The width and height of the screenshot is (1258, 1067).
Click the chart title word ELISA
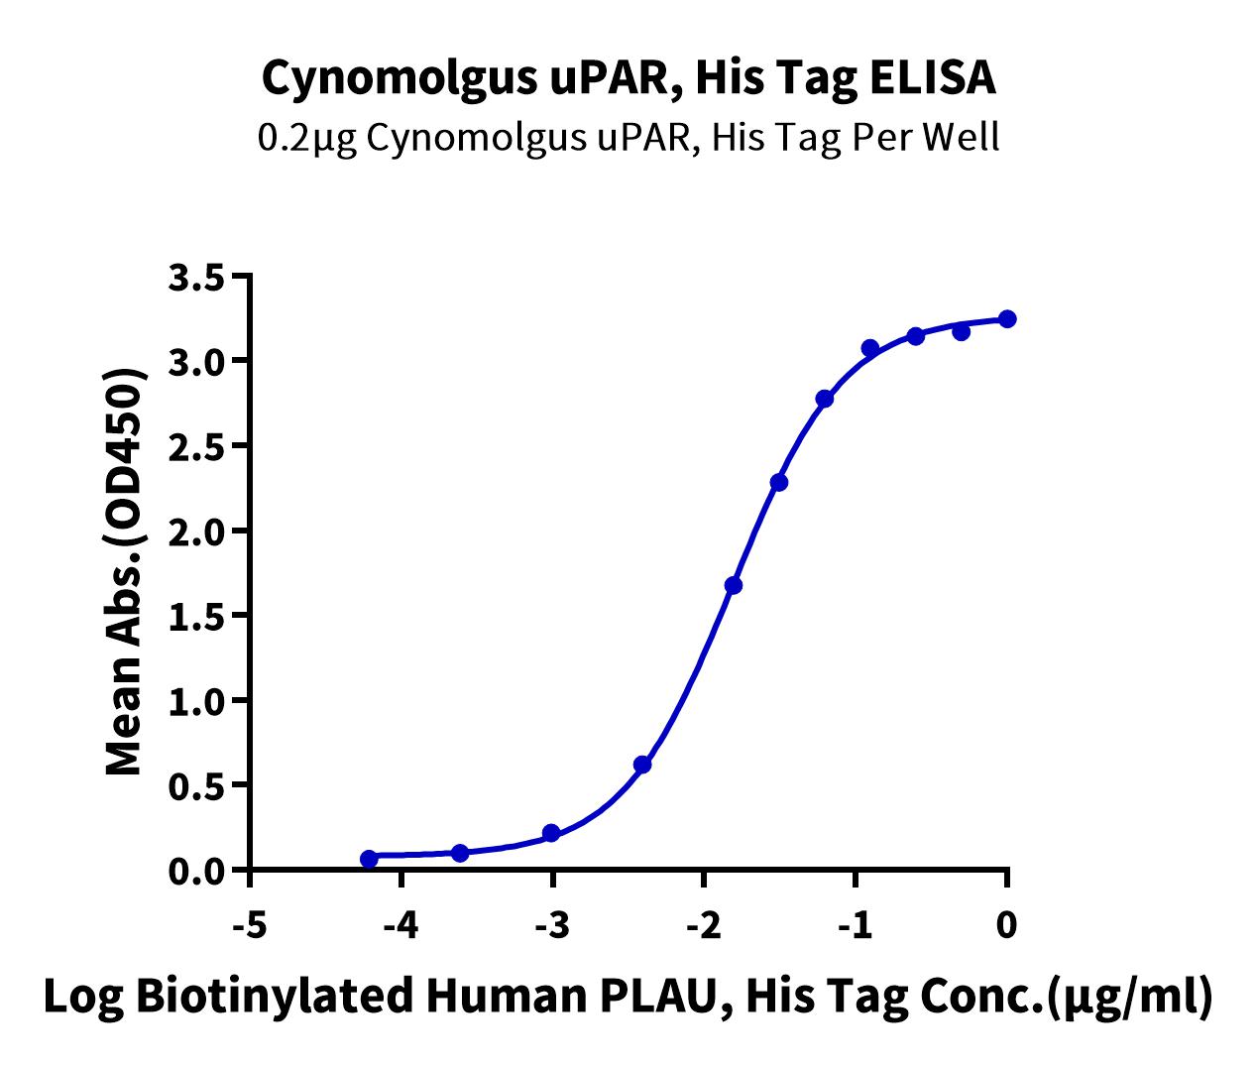[x=933, y=78]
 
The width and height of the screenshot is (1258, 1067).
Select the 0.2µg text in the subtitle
[x=307, y=138]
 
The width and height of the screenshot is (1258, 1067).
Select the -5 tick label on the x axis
[x=250, y=926]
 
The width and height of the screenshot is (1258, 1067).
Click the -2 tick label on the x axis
[x=704, y=926]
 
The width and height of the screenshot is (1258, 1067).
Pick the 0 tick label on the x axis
[x=1007, y=926]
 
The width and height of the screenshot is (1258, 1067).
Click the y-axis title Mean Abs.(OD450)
[x=125, y=572]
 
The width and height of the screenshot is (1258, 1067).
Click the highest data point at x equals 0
[x=1007, y=319]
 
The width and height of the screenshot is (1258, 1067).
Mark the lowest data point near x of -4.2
[x=369, y=859]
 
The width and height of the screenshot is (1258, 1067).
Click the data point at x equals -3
[x=551, y=833]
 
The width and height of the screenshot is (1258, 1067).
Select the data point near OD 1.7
[x=734, y=585]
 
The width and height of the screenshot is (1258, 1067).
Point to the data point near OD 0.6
[x=642, y=765]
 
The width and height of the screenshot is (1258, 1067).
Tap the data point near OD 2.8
[x=825, y=399]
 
